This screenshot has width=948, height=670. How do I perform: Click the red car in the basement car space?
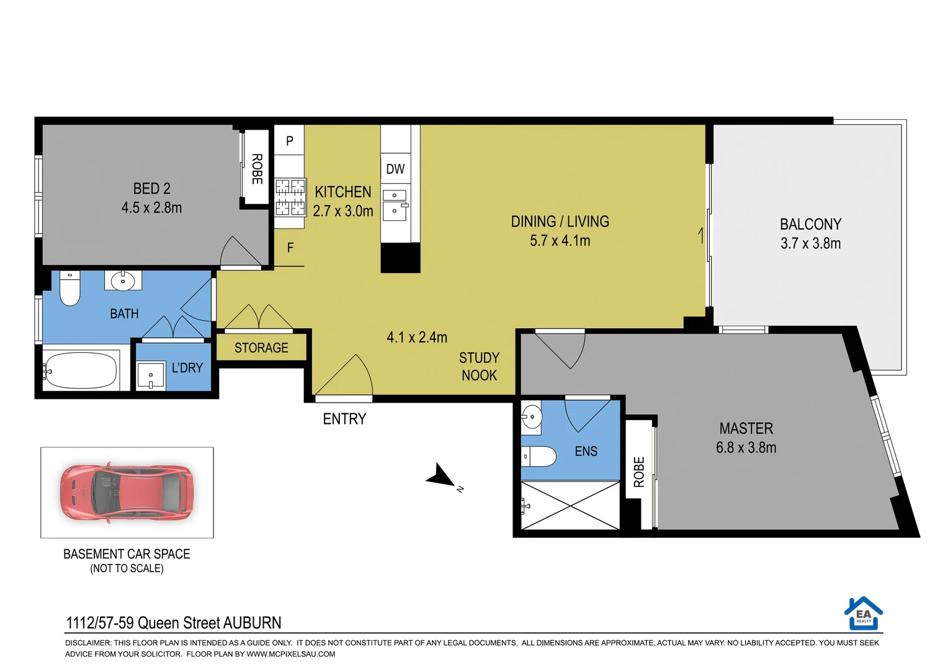tap(127, 493)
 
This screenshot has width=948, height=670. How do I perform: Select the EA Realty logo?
tap(863, 614)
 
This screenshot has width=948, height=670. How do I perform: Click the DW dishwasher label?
tap(395, 169)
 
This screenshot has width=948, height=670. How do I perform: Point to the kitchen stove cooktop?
tap(290, 196)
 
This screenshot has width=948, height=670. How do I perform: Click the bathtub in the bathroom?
tap(81, 370)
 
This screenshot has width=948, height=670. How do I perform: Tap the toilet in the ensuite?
tap(538, 457)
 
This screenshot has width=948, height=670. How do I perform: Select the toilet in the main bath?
tap(69, 289)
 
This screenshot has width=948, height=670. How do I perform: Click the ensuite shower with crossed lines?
tap(570, 506)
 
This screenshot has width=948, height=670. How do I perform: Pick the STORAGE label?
tap(261, 348)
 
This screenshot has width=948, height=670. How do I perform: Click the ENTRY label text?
tap(344, 419)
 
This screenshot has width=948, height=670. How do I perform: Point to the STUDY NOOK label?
tap(479, 367)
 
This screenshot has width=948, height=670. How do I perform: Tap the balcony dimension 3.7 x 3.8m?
tap(810, 244)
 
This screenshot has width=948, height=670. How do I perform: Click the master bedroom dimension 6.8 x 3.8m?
tap(746, 448)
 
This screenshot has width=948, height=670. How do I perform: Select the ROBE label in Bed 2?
tap(257, 169)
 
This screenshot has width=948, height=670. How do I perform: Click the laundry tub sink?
tap(151, 376)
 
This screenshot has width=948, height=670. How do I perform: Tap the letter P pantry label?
tap(290, 141)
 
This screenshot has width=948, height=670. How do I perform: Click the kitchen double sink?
tap(395, 205)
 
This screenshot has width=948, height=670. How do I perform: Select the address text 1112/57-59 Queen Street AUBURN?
tap(174, 623)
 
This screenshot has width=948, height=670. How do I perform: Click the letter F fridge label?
tap(290, 248)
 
